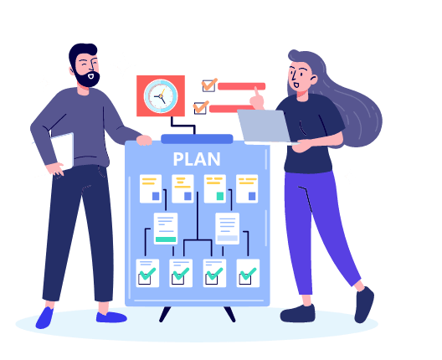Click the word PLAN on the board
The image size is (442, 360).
click(197, 159)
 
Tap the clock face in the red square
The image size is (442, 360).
click(161, 96)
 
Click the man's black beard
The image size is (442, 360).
click(87, 79)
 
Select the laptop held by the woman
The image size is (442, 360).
click(265, 126)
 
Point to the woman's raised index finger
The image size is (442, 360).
click(256, 92)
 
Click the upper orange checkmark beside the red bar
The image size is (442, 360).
click(209, 84)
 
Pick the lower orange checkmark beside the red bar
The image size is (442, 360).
click(201, 106)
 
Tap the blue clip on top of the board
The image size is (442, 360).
click(197, 139)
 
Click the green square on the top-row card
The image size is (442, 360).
click(220, 196)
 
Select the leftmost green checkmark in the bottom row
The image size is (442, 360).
click(147, 274)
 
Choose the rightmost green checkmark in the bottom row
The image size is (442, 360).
click(248, 274)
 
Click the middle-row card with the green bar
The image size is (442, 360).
click(166, 229)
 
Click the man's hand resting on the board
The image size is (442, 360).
click(144, 140)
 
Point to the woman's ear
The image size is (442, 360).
click(313, 80)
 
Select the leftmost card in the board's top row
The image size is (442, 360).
click(151, 188)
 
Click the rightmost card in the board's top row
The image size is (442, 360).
click(247, 188)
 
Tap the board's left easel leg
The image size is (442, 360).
click(165, 314)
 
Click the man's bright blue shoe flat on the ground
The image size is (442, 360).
click(111, 317)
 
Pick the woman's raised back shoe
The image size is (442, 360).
click(364, 305)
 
